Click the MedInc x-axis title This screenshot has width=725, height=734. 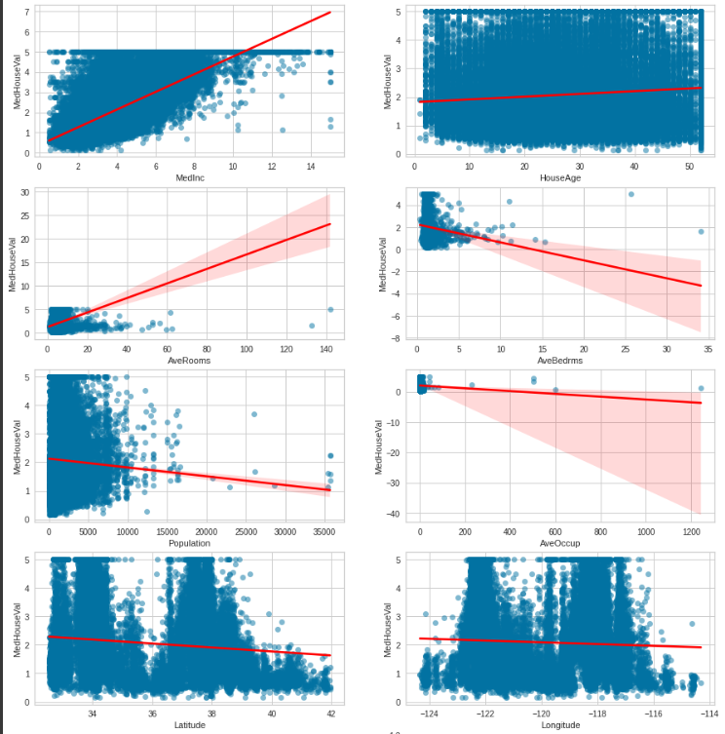(188, 178)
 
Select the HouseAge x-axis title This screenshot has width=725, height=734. (561, 178)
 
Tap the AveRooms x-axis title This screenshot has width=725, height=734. (188, 361)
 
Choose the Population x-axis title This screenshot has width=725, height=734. (189, 543)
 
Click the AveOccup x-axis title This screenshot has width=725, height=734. (561, 543)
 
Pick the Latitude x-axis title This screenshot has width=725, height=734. (189, 725)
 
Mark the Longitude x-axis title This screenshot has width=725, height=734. (561, 725)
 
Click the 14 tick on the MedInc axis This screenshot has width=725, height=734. (309, 166)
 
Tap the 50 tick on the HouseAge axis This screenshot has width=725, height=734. (688, 166)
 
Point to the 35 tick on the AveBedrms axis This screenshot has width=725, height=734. (707, 348)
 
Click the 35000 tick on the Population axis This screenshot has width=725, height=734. (324, 530)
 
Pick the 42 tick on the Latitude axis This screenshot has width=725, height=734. (331, 713)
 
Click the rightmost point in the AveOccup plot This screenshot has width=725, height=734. (701, 389)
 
